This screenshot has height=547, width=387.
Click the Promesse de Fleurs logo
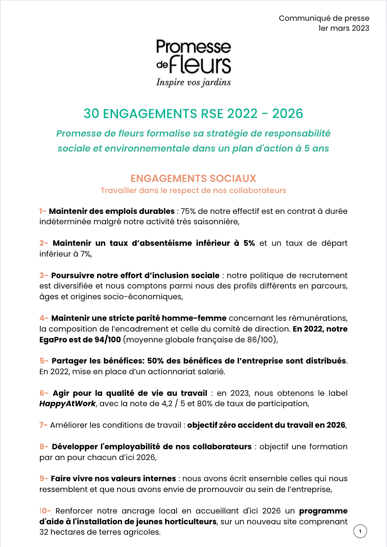click(193, 57)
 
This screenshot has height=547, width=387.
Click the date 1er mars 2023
click(344, 28)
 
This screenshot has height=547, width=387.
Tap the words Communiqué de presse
click(324, 18)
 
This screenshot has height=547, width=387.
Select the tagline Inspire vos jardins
click(193, 82)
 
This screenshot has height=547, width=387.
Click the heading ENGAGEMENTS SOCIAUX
click(193, 178)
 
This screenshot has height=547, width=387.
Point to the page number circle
click(360, 531)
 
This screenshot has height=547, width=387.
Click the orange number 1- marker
click(43, 211)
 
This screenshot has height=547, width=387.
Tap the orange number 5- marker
click(44, 361)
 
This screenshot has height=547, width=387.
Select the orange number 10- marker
click(45, 511)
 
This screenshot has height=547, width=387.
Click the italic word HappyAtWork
click(67, 404)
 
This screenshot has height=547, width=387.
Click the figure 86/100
click(260, 340)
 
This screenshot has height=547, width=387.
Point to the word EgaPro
click(53, 340)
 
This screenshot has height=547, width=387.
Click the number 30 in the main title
click(91, 113)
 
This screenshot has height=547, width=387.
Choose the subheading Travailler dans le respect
click(193, 190)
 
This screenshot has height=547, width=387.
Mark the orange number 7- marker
click(43, 425)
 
